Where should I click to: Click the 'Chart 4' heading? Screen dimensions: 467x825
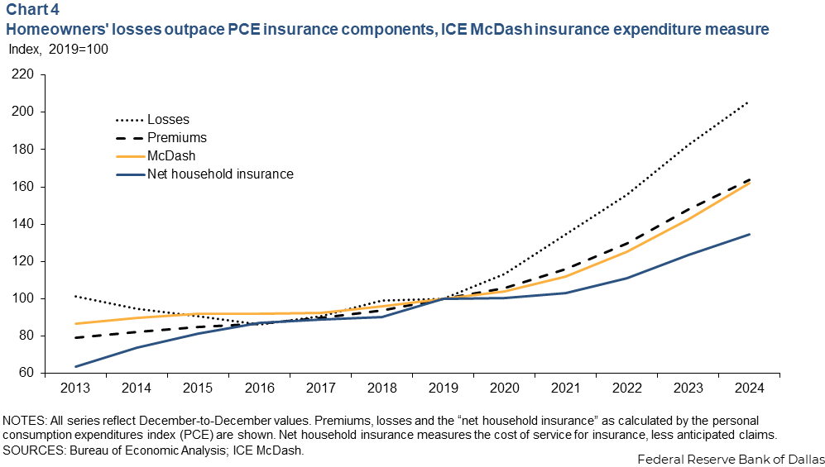(30, 12)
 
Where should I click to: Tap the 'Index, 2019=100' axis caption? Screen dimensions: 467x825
(58, 49)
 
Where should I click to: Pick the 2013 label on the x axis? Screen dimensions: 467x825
(76, 388)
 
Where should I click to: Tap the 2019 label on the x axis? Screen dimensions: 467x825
(444, 388)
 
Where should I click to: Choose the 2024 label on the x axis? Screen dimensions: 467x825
(749, 388)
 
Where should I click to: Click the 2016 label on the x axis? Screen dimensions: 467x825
(260, 388)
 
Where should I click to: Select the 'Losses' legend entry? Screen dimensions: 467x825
(168, 120)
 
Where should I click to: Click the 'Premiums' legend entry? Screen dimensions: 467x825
(176, 137)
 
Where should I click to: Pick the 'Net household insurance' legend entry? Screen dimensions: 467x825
(220, 174)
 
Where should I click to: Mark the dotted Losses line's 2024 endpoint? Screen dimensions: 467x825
(749, 102)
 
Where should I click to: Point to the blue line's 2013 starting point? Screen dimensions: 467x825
(76, 366)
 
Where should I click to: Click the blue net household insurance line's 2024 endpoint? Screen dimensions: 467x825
(749, 234)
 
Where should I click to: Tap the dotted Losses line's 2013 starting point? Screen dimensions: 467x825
(76, 296)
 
